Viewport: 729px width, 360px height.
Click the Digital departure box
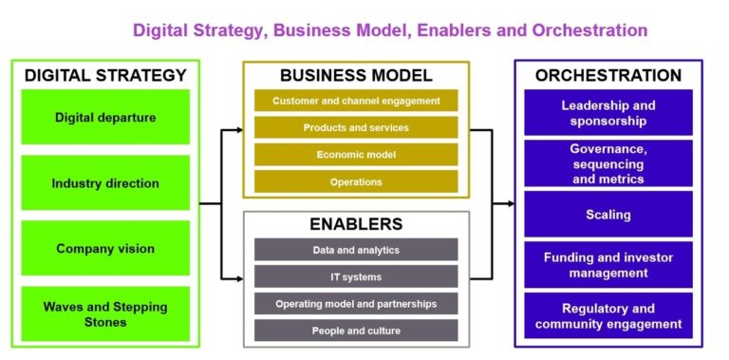pos(105,118)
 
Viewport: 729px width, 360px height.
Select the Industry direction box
pos(105,183)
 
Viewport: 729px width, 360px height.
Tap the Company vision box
pos(105,249)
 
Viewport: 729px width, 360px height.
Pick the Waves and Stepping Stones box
pos(105,313)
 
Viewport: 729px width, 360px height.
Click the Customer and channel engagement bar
pos(356,101)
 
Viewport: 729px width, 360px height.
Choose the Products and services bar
pos(356,127)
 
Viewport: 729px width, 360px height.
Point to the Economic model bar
pos(356,155)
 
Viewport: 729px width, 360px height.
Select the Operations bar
pos(356,181)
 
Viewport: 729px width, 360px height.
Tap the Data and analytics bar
pos(356,250)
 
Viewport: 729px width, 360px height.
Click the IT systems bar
pos(356,276)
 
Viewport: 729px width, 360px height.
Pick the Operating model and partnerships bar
pos(356,304)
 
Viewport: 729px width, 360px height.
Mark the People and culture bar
pos(356,331)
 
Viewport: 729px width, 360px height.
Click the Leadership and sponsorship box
pos(608,113)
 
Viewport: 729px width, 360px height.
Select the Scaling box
pos(608,215)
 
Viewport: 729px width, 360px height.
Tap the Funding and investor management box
pos(608,265)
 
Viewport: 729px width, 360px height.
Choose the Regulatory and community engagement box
pos(608,316)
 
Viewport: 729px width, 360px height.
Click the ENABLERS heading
pos(356,224)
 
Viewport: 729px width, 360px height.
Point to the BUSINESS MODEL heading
pos(356,75)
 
